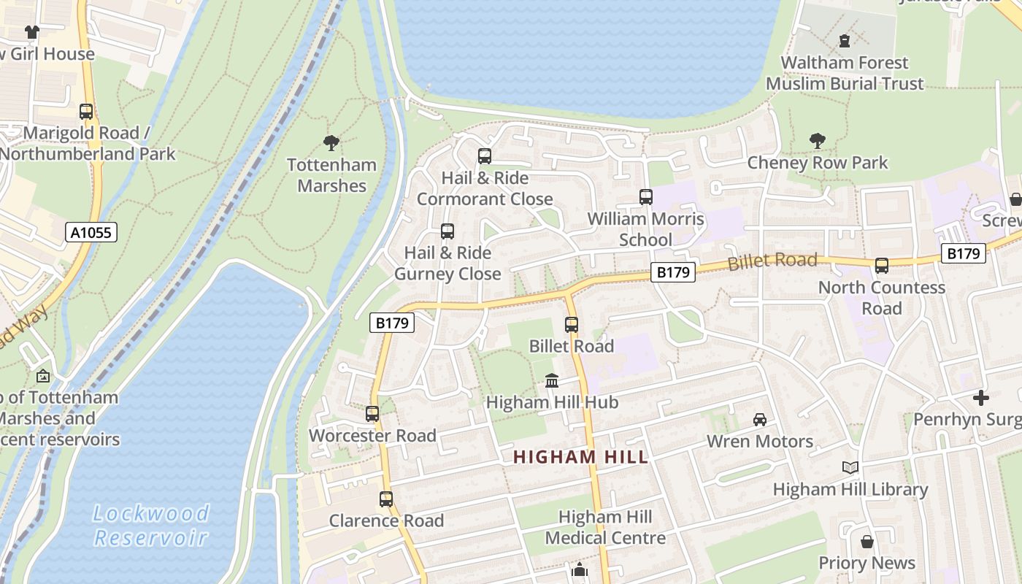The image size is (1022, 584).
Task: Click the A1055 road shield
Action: (x=91, y=233)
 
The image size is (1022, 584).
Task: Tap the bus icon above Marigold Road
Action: (x=86, y=112)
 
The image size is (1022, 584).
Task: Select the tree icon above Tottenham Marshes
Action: (x=331, y=143)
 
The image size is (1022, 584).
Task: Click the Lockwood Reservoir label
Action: (x=151, y=526)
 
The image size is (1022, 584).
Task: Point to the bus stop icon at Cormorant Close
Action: (x=485, y=156)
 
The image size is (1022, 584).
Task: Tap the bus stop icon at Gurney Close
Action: (x=447, y=231)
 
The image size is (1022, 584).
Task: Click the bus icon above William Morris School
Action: (x=646, y=197)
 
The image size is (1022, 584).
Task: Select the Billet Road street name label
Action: (x=772, y=261)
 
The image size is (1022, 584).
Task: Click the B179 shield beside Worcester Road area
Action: (x=392, y=323)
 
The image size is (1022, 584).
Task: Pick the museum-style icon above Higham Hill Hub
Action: (x=552, y=381)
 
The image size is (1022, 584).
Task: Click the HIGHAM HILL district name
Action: (x=580, y=458)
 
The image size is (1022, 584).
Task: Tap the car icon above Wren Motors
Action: (x=760, y=420)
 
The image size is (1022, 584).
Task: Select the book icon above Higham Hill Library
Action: (x=850, y=468)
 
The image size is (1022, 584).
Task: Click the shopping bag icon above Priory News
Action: (x=867, y=542)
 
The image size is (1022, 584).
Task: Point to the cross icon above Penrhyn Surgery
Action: (x=981, y=398)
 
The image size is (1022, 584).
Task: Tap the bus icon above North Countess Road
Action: (x=882, y=266)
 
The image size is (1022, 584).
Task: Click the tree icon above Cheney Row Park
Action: (x=818, y=141)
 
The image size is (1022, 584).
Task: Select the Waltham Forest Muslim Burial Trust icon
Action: (x=845, y=41)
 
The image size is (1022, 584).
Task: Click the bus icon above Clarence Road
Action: (x=386, y=499)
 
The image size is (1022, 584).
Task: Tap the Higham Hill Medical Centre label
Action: (x=605, y=528)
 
